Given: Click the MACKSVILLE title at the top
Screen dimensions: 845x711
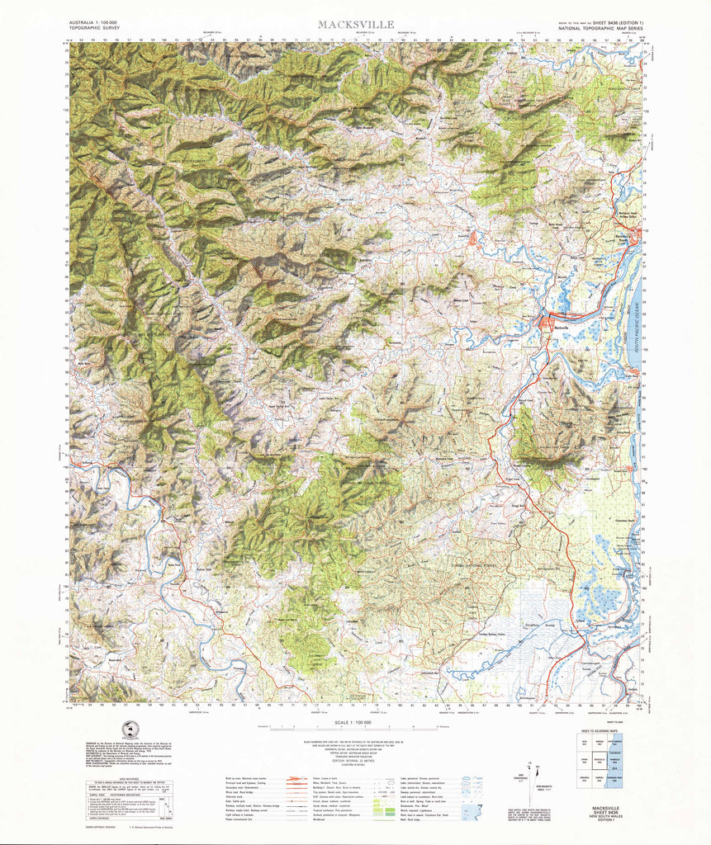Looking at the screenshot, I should [356, 25].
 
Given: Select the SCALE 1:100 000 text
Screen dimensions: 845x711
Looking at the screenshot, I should [356, 722].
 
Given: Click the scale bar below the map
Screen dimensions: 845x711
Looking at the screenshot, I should [356, 729].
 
